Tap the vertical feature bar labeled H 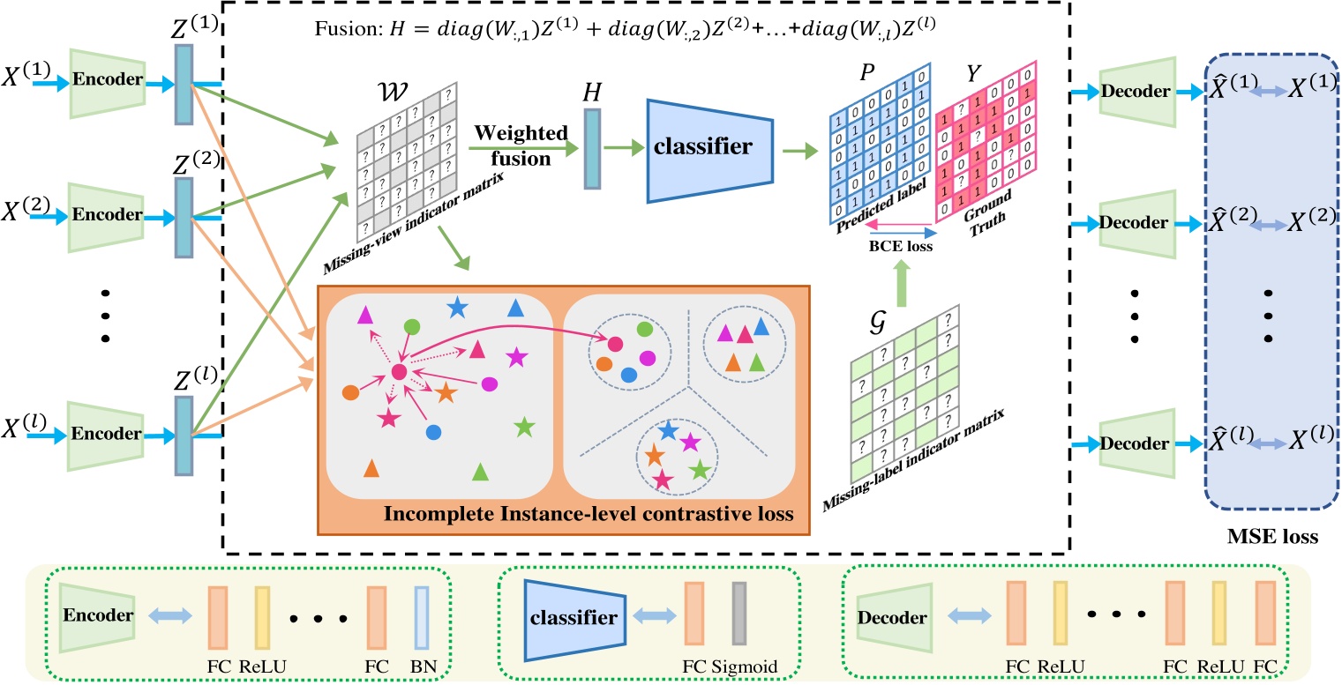coord(592,148)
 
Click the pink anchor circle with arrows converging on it coord(399,374)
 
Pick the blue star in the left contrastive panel coord(456,308)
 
